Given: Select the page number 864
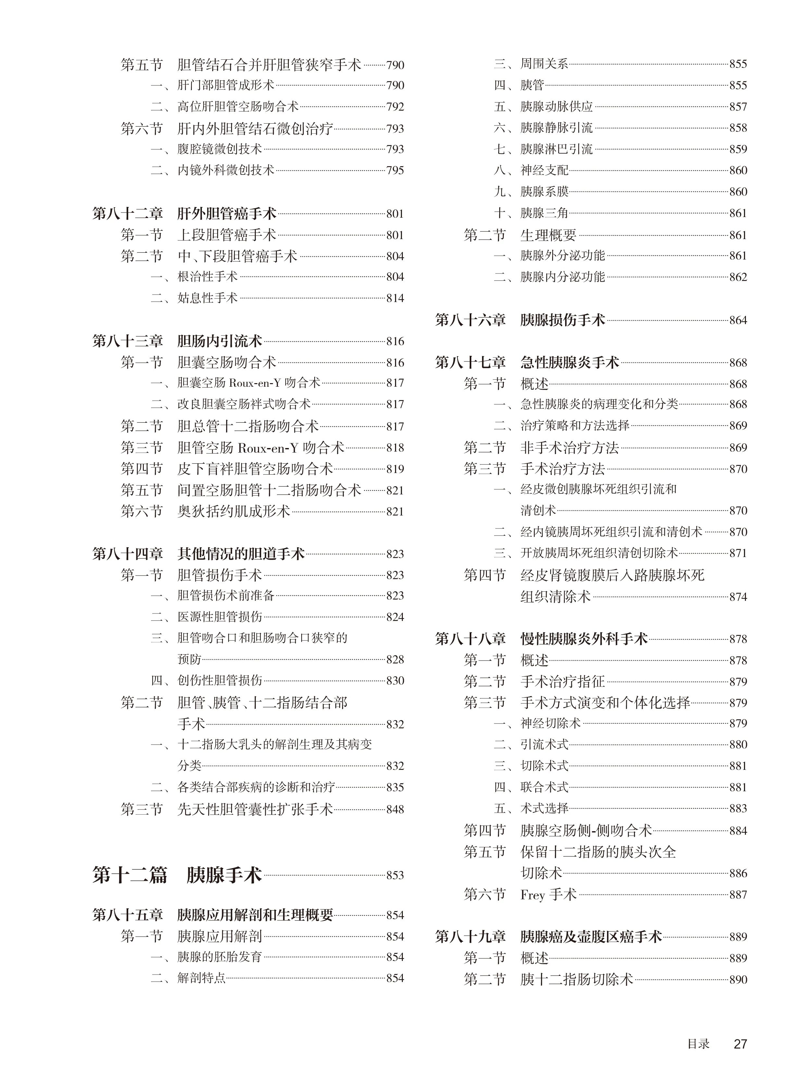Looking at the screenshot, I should [x=738, y=321].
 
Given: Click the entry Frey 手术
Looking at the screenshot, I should [x=548, y=895].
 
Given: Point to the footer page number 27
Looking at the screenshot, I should [x=740, y=1044].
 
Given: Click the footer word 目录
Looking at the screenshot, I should [x=698, y=1044].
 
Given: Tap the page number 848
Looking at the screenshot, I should [x=395, y=809].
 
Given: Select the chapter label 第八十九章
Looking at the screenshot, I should [x=470, y=937].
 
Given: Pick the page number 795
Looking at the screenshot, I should [x=395, y=170].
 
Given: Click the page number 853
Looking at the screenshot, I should [x=395, y=875].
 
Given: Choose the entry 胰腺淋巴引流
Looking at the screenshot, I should [x=556, y=149].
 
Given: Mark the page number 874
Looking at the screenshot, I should [x=738, y=597].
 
